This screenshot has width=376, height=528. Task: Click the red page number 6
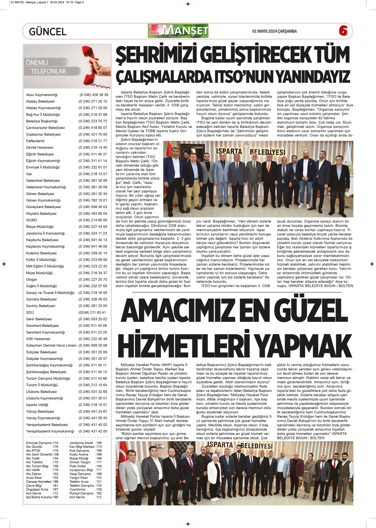coord(343,31)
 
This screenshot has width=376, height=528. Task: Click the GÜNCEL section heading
coord(48,31)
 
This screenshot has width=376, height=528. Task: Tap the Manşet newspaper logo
coord(178,31)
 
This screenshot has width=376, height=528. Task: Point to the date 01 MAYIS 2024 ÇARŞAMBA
coord(274,31)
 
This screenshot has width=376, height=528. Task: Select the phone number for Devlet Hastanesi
coord(93,148)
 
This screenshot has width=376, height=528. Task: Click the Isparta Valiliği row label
coord(37,405)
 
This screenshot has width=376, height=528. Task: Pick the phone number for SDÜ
coord(92,313)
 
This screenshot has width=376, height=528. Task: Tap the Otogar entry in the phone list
coord(31,280)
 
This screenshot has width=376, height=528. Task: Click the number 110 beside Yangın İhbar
coord(99,478)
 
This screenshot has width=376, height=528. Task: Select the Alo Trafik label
coord(33,458)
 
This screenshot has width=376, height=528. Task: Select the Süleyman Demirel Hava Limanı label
coord(51,345)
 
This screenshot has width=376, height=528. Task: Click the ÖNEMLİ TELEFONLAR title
coord(46,67)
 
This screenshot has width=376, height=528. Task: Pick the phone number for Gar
coord(93,174)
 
